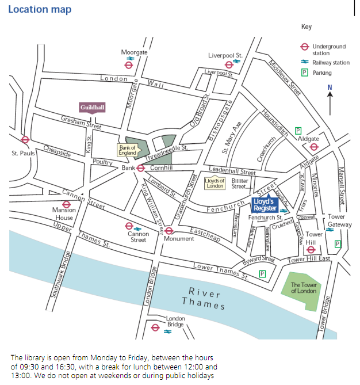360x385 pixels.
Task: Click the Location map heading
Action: click(40, 10)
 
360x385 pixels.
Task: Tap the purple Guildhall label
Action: click(92, 107)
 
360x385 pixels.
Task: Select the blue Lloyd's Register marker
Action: click(265, 205)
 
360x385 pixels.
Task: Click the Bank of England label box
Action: click(128, 150)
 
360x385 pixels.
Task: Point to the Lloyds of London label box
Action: click(215, 183)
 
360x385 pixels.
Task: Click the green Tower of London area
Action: click(303, 288)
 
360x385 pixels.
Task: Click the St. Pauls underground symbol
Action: click(25, 140)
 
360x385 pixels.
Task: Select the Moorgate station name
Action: click(134, 52)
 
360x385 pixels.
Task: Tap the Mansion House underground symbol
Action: click(66, 204)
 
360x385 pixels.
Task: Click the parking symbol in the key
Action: click(305, 73)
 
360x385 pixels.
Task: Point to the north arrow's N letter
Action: click(330, 87)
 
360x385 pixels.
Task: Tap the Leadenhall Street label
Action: click(232, 171)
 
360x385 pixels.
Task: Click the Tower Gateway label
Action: click(336, 220)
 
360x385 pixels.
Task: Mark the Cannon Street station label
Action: click(138, 237)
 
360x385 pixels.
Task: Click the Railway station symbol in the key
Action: click(305, 63)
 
